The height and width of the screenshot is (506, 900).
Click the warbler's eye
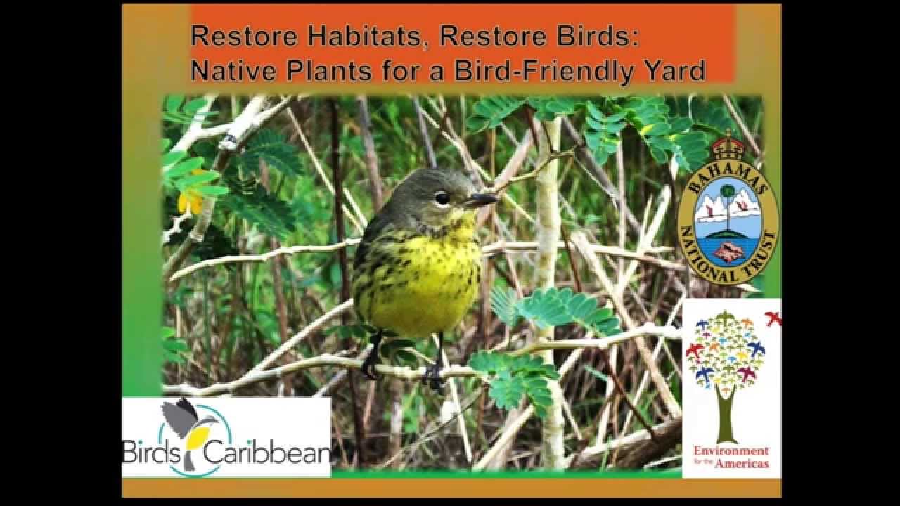point(442,198)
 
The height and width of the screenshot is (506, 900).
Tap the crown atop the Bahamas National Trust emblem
point(728,147)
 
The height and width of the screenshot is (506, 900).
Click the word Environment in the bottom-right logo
point(731,450)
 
